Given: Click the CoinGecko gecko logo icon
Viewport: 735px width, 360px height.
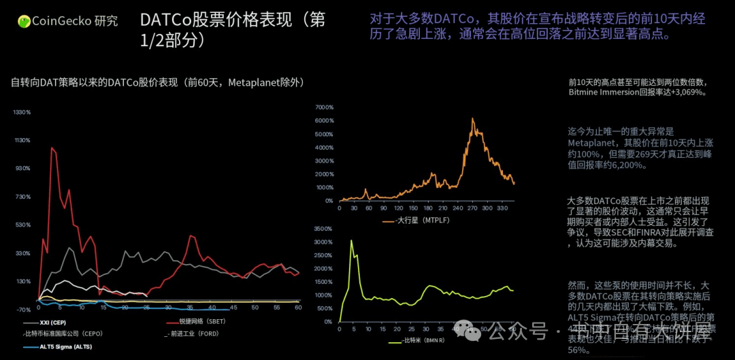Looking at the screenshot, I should (x=24, y=21).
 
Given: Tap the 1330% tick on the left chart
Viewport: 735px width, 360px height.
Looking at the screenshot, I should (x=22, y=112).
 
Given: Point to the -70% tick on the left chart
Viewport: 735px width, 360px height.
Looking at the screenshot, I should (x=23, y=310).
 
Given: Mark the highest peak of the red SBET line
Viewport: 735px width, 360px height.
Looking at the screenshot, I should (x=51, y=148).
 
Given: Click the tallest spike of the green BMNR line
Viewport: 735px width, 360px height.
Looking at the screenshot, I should (x=351, y=240).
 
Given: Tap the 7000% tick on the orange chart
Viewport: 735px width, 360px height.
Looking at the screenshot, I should (x=324, y=108).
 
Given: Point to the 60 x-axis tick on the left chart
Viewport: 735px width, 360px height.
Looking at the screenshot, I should (x=298, y=308).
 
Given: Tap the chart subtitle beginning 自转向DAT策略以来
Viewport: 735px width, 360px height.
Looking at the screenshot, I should (x=157, y=82).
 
